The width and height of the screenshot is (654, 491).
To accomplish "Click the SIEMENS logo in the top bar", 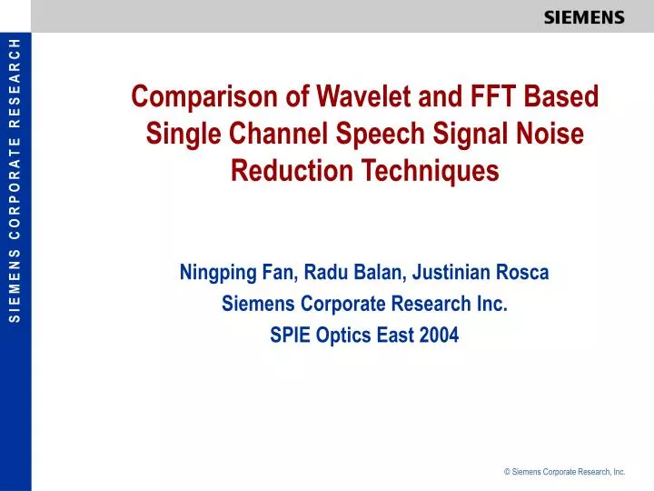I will pos(584,16).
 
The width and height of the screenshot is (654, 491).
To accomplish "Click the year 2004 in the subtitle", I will pos(440,335).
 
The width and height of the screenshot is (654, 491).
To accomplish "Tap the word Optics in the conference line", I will pos(344,335).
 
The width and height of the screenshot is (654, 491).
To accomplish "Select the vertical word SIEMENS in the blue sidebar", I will pos(15,285).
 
